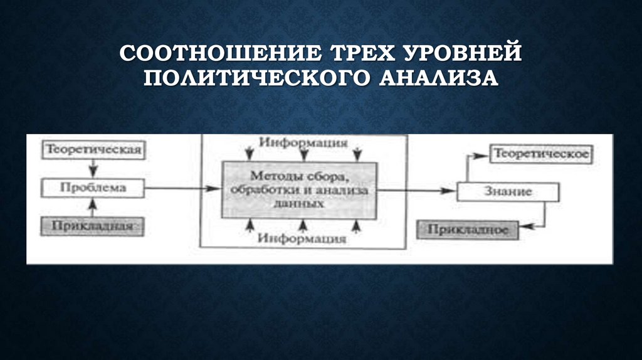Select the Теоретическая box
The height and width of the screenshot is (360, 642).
[93, 151]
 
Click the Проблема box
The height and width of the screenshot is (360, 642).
[93, 187]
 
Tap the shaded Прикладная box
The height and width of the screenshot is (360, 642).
[93, 226]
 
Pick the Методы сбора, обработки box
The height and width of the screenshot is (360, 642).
[300, 189]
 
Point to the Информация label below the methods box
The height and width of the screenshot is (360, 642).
[303, 238]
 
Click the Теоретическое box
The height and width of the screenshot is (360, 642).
[540, 154]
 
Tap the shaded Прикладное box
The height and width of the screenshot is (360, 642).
[468, 230]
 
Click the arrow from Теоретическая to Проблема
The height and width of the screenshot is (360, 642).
[93, 169]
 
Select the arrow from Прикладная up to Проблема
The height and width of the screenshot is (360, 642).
[93, 206]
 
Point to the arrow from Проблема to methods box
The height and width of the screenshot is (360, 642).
[182, 187]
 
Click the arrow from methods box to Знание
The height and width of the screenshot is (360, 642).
[417, 190]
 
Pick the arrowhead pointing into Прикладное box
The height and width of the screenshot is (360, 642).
[524, 229]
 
